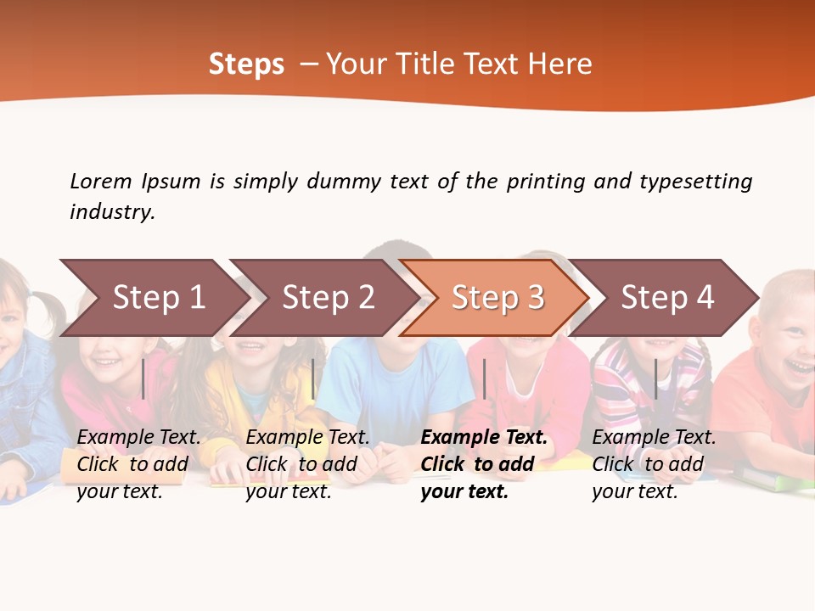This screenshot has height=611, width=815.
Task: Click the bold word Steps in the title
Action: [246, 64]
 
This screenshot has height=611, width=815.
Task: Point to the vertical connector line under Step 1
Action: [143, 378]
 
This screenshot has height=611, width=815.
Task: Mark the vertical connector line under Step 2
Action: [313, 378]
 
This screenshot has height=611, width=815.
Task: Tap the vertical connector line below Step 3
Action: [484, 378]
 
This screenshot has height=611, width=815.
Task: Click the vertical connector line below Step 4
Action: [655, 378]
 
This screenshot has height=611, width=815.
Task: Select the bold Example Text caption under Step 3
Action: [484, 464]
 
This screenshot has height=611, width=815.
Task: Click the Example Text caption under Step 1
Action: [139, 464]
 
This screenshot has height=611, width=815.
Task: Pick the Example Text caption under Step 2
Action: [307, 464]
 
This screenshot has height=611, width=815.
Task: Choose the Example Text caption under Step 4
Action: [654, 464]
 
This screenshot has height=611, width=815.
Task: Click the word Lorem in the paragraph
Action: [101, 182]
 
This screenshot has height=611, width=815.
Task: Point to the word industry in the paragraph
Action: [112, 212]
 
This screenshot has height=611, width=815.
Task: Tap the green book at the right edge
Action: [777, 480]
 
